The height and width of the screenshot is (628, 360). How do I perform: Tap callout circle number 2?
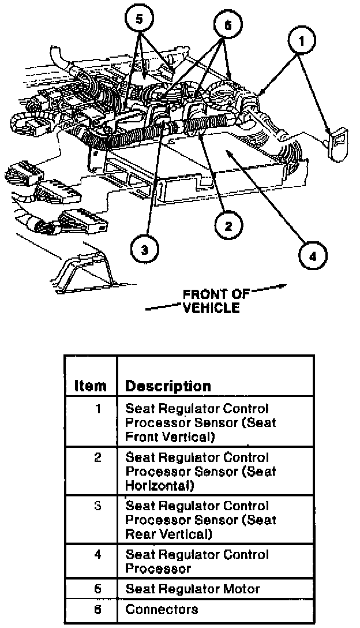click(x=228, y=226)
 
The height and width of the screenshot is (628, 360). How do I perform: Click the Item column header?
click(x=90, y=386)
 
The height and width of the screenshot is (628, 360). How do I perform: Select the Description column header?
click(x=168, y=386)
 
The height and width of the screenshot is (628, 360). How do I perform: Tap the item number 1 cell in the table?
click(x=98, y=409)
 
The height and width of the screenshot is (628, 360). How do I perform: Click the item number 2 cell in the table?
click(x=98, y=458)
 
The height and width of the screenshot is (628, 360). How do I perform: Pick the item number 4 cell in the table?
click(x=98, y=555)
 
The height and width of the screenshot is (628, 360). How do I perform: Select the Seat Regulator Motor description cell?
click(x=193, y=589)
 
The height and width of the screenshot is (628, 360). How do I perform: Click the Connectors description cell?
click(x=162, y=609)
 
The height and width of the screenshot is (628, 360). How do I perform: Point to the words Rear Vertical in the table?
click(x=168, y=534)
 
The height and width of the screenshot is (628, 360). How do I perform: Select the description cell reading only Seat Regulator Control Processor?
click(x=197, y=562)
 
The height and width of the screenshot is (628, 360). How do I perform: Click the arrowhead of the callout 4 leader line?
click(x=228, y=152)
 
